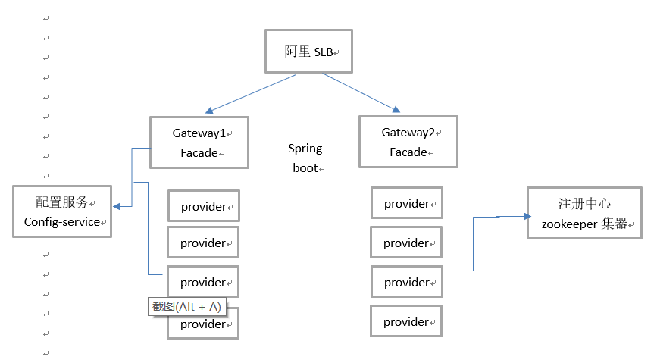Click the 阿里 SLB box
click(309, 52)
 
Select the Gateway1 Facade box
click(199, 142)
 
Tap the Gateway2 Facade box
click(408, 142)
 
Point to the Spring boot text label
click(305, 158)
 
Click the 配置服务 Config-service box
click(62, 211)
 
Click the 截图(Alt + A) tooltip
click(186, 306)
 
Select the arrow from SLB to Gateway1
click(251, 94)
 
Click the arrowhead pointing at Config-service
click(117, 205)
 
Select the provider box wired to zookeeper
click(407, 282)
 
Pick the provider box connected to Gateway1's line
click(202, 282)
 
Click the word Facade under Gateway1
click(199, 153)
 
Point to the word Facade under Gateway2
click(408, 152)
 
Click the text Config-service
click(61, 222)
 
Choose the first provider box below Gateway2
click(407, 203)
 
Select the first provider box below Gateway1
click(203, 206)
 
